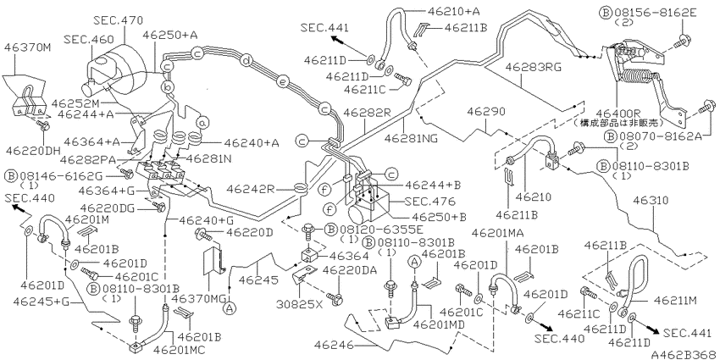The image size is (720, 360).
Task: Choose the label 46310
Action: click(x=652, y=202)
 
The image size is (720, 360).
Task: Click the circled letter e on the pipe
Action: click(x=285, y=82)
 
